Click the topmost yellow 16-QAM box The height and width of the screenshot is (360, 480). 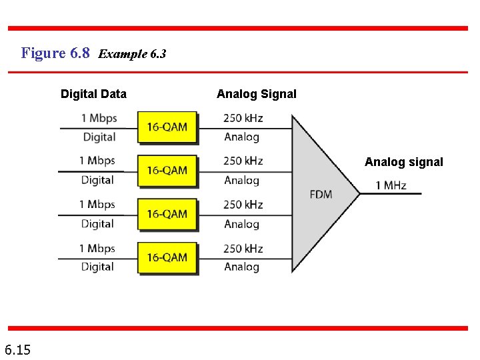167,127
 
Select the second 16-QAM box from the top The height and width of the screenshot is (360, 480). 167,171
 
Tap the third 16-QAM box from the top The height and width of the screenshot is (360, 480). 167,214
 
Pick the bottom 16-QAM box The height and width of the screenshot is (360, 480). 167,257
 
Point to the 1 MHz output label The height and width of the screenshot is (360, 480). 391,185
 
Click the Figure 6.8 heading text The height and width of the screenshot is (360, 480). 55,53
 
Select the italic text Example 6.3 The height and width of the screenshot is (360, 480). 132,54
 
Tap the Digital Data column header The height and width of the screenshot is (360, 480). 93,94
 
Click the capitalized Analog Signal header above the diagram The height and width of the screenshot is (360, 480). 257,94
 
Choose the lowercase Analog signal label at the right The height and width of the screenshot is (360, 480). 403,162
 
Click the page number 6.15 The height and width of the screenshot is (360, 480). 17,349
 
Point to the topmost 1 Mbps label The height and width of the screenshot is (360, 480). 99,118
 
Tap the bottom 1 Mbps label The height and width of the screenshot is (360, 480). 97,249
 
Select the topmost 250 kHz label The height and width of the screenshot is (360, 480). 243,118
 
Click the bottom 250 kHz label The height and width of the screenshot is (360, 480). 243,249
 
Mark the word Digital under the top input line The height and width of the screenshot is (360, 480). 99,137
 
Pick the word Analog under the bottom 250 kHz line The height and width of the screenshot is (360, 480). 241,267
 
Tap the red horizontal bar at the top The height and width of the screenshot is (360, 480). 238,29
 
